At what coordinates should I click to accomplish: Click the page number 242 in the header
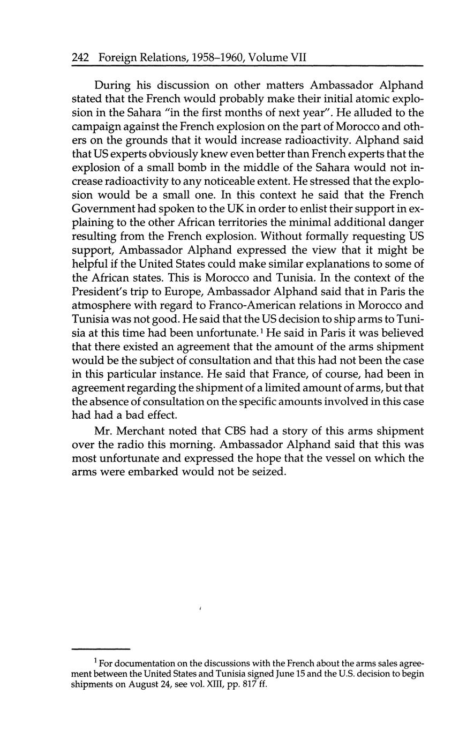coord(80,57)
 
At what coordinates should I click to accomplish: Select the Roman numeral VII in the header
coord(298,57)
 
